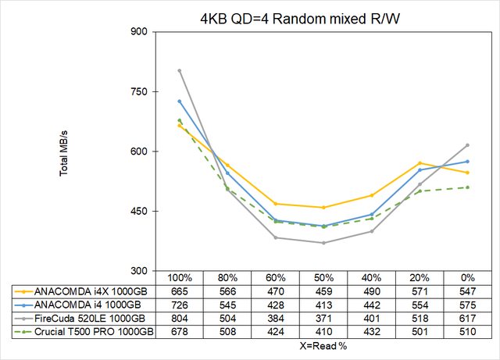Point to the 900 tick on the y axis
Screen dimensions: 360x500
(138, 32)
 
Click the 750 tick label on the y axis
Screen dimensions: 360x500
(138, 92)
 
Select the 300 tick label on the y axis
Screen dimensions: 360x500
(138, 271)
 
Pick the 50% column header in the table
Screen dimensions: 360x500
(323, 278)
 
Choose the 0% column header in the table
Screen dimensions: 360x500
(467, 278)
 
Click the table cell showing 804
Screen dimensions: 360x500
(180, 318)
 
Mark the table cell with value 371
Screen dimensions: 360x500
(323, 318)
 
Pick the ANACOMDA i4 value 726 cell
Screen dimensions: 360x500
(180, 305)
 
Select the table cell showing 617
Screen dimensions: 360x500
(467, 318)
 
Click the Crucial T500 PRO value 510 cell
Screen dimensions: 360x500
(467, 332)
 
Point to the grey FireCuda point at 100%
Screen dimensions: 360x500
(180, 70)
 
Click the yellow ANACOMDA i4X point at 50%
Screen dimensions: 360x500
(323, 208)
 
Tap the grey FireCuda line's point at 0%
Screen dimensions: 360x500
(467, 145)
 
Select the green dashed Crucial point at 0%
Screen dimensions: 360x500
(467, 187)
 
